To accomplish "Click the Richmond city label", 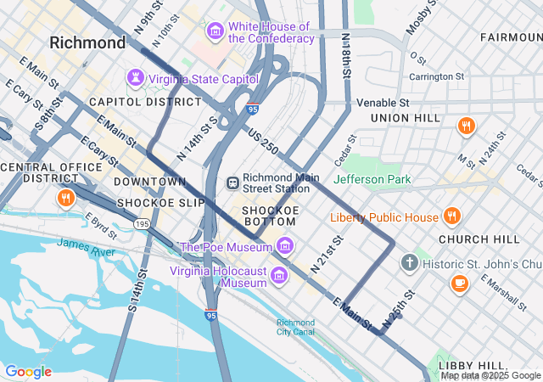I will [x=87, y=42].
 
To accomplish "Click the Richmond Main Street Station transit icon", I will [x=232, y=183].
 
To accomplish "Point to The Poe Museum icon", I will [x=285, y=247].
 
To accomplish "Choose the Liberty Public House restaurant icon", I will [x=451, y=216].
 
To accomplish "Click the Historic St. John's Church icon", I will [x=409, y=261].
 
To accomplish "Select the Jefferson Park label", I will [x=372, y=179].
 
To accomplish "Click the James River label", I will [x=86, y=244].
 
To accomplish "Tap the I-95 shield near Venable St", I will [x=254, y=109].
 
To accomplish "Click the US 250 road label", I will [x=263, y=141].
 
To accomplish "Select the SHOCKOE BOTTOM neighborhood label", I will [x=269, y=216].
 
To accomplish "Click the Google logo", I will [x=28, y=372].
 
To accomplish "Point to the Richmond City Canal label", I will [x=295, y=328].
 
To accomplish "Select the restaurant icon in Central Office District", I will [x=65, y=199].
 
